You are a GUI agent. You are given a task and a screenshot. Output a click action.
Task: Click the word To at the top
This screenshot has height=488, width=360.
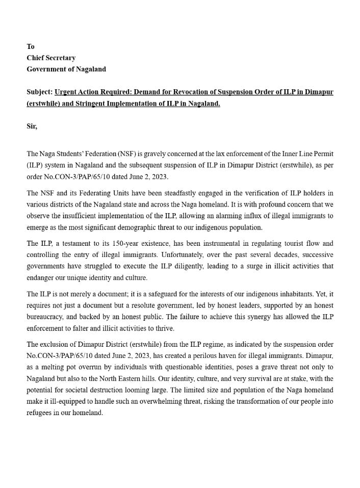[31, 46]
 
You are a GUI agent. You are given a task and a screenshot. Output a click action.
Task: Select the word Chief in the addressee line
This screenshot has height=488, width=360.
[36, 58]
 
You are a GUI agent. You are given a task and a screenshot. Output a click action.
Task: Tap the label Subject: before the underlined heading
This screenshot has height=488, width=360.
[39, 92]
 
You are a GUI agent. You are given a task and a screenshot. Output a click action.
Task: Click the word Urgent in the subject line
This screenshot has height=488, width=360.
[66, 92]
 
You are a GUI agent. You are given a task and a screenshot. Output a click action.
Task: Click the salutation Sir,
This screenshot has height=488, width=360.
[32, 126]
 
